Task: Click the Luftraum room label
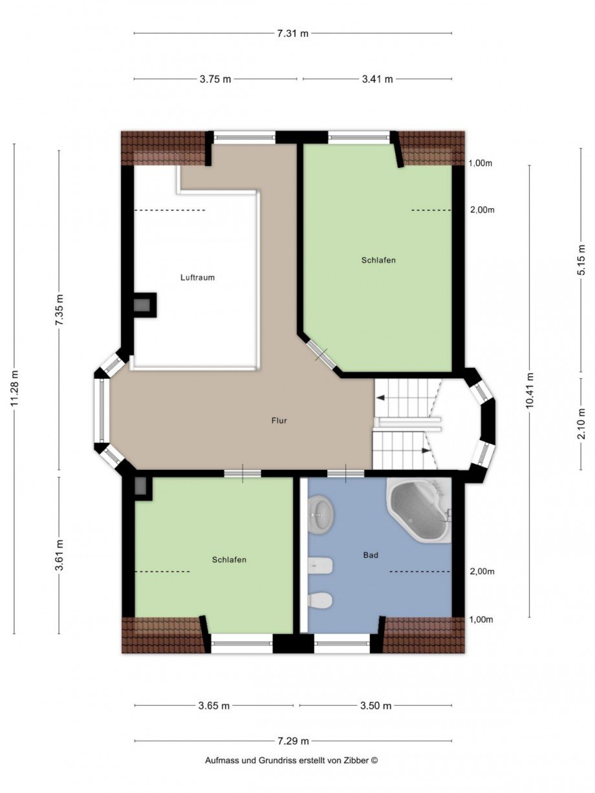pos(197,277)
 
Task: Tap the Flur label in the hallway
pos(279,421)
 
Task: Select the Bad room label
pos(371,555)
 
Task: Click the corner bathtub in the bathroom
pos(419,510)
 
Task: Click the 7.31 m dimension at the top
pos(292,34)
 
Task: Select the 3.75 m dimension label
pos(215,79)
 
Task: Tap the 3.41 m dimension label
pos(377,79)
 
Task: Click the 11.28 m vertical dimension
pos(15,388)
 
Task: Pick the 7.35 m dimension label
pos(59,313)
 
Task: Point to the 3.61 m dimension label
pos(59,555)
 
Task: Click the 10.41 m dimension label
pos(530,390)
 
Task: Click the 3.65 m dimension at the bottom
pos(214,706)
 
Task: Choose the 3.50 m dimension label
pos(376,706)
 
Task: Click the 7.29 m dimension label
pos(292,741)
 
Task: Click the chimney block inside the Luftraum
pos(144,305)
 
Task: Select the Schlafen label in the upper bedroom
pos(378,260)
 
